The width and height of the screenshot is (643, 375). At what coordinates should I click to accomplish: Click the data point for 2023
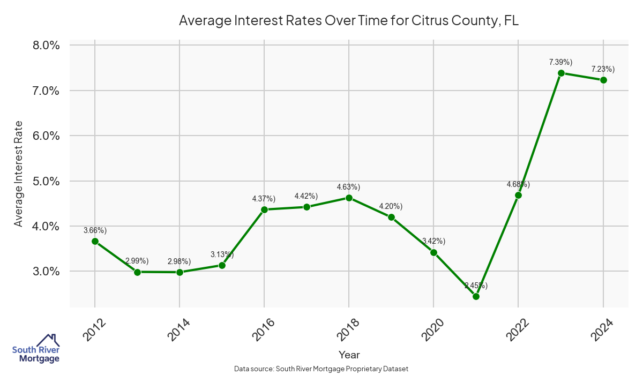(x=561, y=73)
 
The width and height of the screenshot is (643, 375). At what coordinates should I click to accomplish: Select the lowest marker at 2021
(x=476, y=296)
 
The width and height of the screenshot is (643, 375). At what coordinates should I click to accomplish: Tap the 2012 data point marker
(x=95, y=241)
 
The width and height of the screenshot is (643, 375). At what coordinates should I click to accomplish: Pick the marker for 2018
(x=349, y=198)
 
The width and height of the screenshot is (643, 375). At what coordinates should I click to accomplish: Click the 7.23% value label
(x=603, y=69)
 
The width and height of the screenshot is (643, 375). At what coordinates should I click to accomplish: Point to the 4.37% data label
(x=264, y=199)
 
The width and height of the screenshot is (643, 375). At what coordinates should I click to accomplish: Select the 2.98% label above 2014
(x=179, y=261)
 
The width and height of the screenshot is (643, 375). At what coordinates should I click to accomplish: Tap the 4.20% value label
(x=391, y=206)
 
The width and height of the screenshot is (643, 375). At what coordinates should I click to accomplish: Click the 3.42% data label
(x=433, y=241)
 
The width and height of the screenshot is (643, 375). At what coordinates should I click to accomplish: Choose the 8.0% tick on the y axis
(x=46, y=45)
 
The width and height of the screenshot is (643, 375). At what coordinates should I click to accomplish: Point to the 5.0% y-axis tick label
(x=46, y=181)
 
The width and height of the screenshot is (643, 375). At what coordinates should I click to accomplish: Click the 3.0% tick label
(x=46, y=272)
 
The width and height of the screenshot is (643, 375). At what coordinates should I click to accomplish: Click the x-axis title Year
(x=349, y=355)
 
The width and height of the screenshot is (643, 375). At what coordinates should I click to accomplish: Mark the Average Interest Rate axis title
(x=19, y=174)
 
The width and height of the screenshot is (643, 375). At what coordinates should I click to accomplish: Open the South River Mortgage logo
(x=36, y=349)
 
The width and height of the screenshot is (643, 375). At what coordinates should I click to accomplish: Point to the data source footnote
(x=322, y=369)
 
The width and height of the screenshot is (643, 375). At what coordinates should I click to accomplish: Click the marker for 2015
(x=222, y=265)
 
